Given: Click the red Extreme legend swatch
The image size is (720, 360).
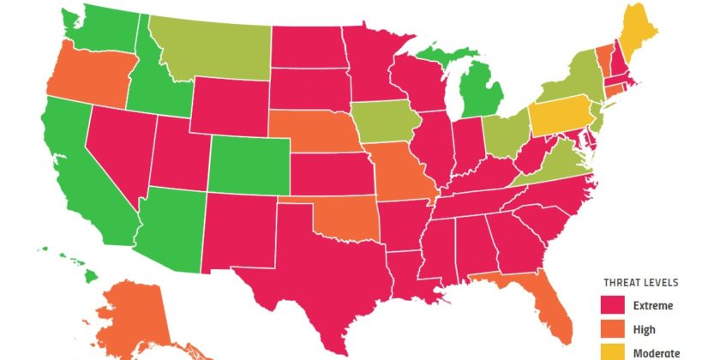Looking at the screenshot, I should click(x=613, y=305).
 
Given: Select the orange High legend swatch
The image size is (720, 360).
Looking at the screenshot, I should click(x=613, y=329).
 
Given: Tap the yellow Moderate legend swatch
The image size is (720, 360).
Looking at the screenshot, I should click(x=613, y=351).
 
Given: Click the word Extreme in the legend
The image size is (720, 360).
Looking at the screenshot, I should click(x=654, y=305).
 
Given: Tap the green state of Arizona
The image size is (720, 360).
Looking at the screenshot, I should click(x=171, y=227).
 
